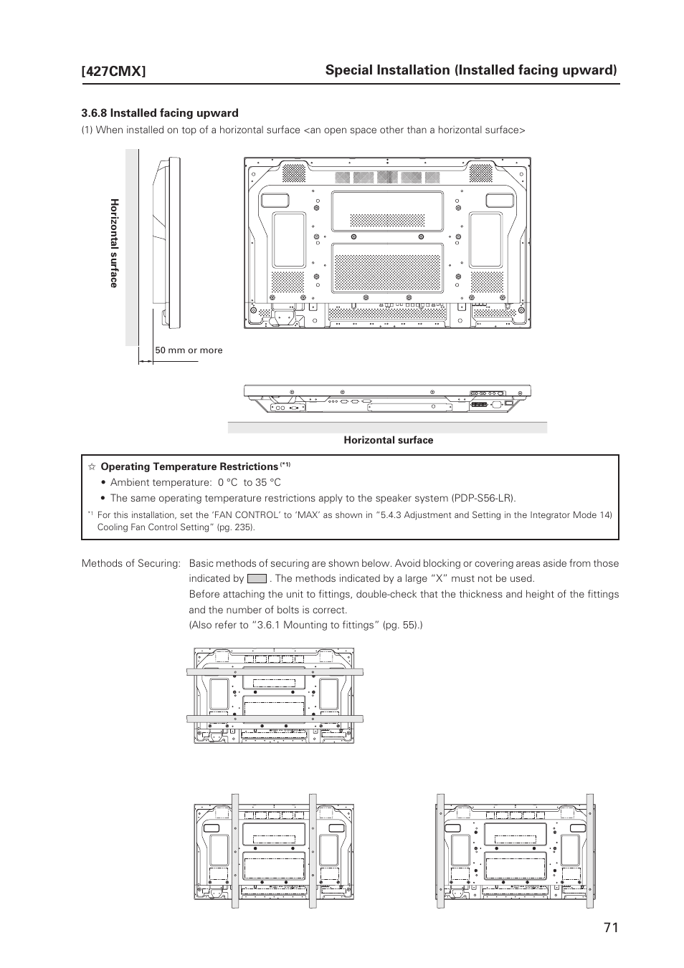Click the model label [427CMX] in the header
[114, 71]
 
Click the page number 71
[610, 927]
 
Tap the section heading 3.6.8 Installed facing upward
[160, 112]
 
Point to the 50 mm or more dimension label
[189, 350]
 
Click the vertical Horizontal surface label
[113, 244]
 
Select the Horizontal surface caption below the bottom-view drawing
[388, 440]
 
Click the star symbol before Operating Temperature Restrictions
[92, 467]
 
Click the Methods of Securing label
[130, 563]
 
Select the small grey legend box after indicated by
[257, 578]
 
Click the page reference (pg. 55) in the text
[402, 625]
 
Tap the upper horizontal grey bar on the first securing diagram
[275, 672]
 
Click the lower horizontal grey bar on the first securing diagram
[275, 718]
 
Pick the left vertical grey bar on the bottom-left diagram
[234, 851]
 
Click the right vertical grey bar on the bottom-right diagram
[590, 851]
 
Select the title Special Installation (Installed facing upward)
[470, 70]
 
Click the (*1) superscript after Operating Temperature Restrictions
[285, 464]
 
